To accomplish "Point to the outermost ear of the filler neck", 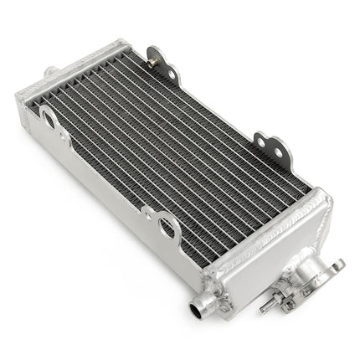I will (x=338, y=266).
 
